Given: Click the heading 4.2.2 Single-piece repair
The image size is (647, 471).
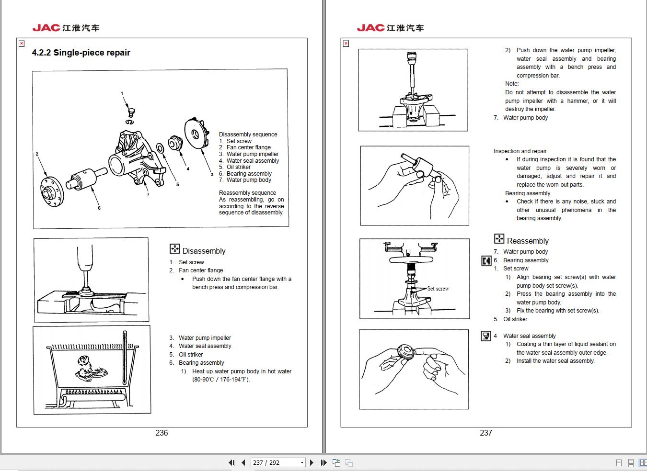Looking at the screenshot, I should pos(81,53).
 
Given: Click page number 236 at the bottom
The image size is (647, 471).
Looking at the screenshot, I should pos(162,433).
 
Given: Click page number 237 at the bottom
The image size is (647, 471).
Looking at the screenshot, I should pos(485,433).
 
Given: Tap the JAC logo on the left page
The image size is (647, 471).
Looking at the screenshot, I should pos(66,28).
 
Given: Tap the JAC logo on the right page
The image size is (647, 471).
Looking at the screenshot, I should pos(390,28).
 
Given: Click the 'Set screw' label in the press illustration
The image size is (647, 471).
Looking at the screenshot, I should pos(438,289).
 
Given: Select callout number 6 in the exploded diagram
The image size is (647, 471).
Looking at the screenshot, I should pos(99,208).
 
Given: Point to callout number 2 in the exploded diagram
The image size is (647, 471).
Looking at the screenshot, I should pos(37,154).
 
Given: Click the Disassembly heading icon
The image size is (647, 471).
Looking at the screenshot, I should pos(174,249).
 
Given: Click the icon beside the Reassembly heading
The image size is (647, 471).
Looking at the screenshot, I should pos(499,239).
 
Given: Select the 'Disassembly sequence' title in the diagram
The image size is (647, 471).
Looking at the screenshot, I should pos(248,135).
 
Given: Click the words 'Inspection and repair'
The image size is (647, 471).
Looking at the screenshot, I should pos(520,151).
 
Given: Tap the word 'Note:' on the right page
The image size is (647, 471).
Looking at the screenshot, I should pos(511,84).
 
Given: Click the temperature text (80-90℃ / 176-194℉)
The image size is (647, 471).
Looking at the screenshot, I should pos(221,380).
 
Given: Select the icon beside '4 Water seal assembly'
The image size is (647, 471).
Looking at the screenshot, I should pos(486,336).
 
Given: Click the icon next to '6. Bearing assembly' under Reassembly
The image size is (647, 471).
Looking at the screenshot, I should pos(486,260).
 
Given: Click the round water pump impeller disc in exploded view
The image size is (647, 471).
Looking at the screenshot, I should pos(196,135).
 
